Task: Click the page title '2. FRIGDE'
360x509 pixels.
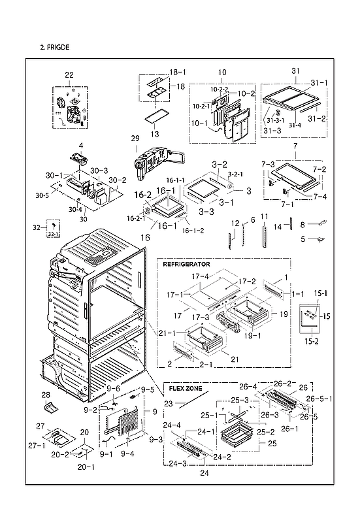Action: click(x=54, y=48)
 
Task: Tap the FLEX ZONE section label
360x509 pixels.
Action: click(x=184, y=387)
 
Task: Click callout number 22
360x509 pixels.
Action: click(x=69, y=76)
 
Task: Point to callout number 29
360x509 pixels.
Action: click(x=135, y=139)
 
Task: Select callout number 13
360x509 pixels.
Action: click(x=155, y=134)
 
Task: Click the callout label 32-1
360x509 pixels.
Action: click(x=54, y=233)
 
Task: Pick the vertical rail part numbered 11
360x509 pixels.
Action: click(x=265, y=235)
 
